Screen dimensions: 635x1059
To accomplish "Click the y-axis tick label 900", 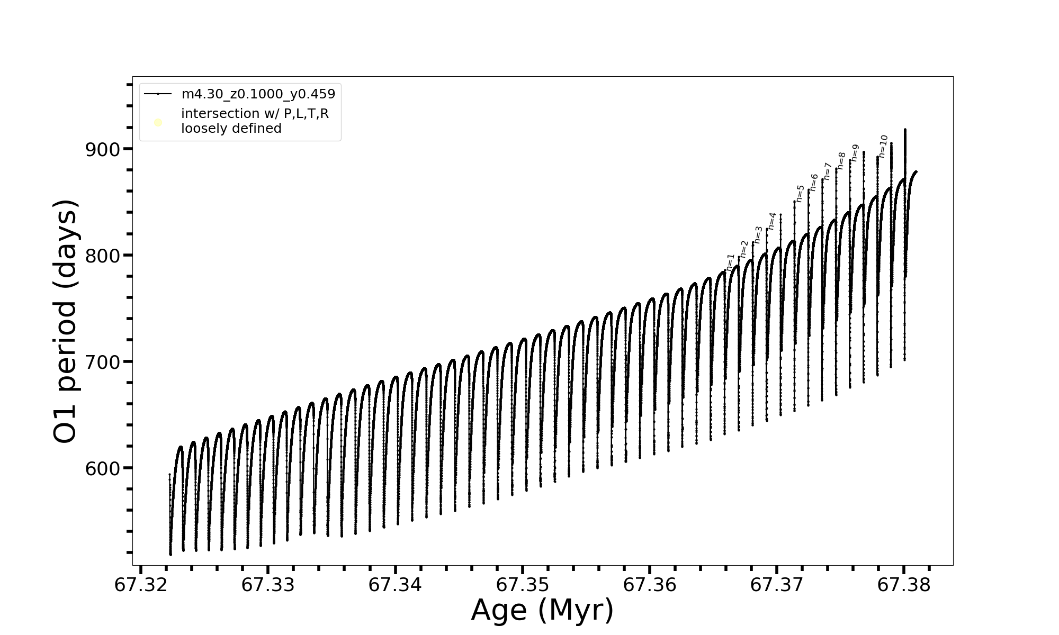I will click(x=103, y=149).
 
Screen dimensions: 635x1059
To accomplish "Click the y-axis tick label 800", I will click(x=103, y=256).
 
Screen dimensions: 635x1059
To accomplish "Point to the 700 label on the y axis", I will click(x=103, y=362).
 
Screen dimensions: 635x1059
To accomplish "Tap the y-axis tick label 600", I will click(x=103, y=468).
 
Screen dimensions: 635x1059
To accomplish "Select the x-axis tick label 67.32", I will click(x=141, y=585).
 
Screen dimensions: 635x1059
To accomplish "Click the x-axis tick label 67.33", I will click(x=268, y=585).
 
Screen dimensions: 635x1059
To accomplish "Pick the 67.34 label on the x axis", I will click(x=395, y=585).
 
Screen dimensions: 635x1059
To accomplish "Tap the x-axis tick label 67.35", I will click(x=523, y=585).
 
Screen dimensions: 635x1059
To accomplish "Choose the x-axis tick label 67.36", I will click(x=650, y=585).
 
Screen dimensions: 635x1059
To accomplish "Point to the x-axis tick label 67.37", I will click(x=777, y=585).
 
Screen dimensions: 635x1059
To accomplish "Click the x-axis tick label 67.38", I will click(x=904, y=585).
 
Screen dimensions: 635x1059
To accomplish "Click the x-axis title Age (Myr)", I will click(x=542, y=610).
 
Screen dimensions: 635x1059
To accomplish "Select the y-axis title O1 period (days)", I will click(x=66, y=321).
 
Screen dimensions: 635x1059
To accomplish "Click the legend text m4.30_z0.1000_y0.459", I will click(x=258, y=94).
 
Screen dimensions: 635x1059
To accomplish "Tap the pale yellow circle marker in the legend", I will click(x=158, y=123).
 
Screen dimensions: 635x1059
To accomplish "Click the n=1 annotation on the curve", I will click(x=731, y=262).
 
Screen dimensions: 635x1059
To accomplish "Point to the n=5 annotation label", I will click(x=800, y=193).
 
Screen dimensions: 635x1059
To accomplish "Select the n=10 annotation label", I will click(x=883, y=146).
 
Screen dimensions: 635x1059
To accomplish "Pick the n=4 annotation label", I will click(x=772, y=221).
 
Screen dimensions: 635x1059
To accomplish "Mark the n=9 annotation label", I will click(x=855, y=153).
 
